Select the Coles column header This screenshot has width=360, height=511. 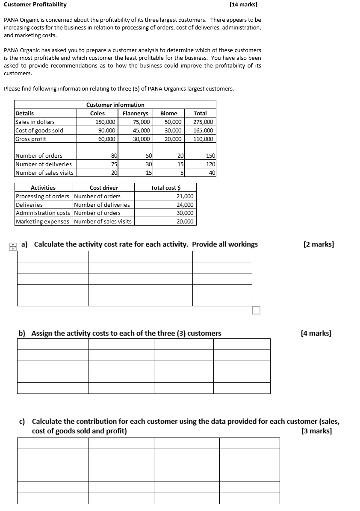(x=97, y=113)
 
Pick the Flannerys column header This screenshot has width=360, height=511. (x=135, y=113)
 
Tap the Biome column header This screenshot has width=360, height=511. (x=168, y=113)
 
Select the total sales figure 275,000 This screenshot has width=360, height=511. (x=203, y=122)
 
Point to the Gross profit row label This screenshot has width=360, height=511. (x=31, y=139)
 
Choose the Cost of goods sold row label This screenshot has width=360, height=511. (x=39, y=130)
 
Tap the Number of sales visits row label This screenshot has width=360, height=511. (x=44, y=173)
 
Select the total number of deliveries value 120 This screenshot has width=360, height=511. (x=211, y=164)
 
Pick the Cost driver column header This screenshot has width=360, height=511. (x=104, y=188)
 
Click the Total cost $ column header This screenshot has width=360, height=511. (x=165, y=188)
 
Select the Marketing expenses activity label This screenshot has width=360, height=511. (x=42, y=221)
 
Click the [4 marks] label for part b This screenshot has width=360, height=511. (x=316, y=333)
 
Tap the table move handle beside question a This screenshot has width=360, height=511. (x=13, y=246)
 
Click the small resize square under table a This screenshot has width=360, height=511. (x=256, y=310)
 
